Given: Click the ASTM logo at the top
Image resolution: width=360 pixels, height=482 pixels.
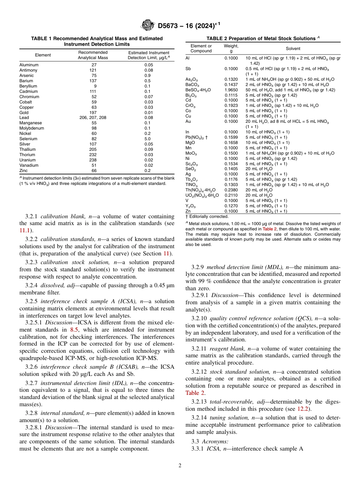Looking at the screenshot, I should coord(147,25).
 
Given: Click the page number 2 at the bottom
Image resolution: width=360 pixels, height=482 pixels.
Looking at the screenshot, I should coord(180,466).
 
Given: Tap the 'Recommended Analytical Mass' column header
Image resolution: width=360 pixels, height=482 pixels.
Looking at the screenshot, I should coord(93,55).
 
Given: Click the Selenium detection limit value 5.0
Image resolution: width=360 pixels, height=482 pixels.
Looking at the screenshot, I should coord(149,139).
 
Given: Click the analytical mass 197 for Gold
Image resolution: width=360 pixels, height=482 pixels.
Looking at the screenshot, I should coord(93,113).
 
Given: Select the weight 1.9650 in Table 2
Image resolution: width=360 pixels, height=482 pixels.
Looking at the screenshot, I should coord(231,90).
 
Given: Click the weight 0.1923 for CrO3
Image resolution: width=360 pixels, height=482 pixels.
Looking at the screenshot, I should coord(231,105).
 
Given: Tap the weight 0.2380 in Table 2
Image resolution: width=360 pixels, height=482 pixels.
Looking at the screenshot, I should coord(231,190).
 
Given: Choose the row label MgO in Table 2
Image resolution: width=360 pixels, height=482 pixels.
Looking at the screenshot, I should coord(190,142).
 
